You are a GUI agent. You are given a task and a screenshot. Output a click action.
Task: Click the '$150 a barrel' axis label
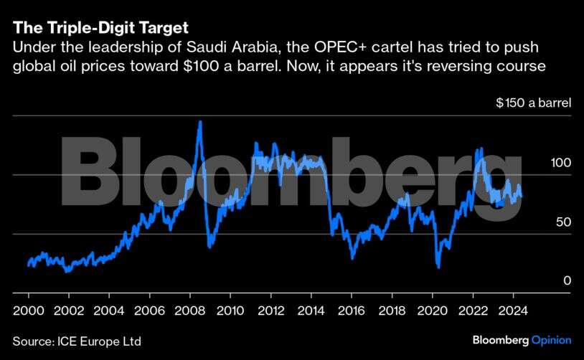point(533,103)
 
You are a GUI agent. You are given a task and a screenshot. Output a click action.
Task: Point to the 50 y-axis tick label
point(563,222)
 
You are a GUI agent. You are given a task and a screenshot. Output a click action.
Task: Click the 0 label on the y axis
point(567,281)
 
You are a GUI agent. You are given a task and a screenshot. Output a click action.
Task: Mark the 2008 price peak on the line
point(199,122)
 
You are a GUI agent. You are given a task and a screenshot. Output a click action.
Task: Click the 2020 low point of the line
point(438,267)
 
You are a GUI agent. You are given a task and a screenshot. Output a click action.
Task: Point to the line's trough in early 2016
point(352,257)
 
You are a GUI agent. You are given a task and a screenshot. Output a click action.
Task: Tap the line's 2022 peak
point(480,148)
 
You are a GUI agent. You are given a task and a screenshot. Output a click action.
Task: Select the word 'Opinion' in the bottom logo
point(551,340)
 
